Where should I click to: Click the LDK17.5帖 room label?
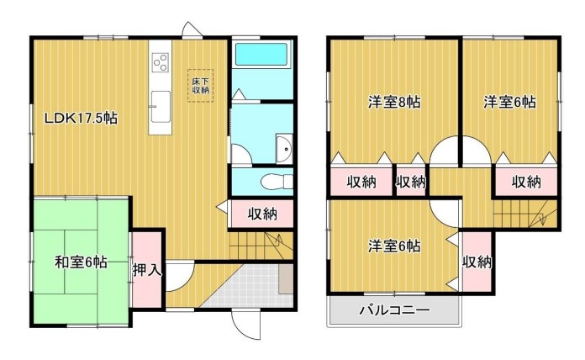[x=81, y=119]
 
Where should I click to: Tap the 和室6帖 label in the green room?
[x=81, y=262]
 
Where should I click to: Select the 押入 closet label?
[x=147, y=270]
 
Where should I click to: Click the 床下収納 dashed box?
[x=200, y=86]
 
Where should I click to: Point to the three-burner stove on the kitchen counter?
[x=161, y=61]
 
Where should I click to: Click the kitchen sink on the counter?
[x=161, y=107]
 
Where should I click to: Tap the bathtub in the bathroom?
[x=261, y=55]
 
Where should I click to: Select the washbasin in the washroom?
[x=284, y=149]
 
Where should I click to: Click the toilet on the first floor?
[x=277, y=183]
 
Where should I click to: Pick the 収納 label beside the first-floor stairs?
[x=262, y=214]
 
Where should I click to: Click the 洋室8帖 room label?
[x=394, y=102]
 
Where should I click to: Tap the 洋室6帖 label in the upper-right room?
[x=510, y=102]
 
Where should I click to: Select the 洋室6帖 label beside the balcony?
[x=394, y=246]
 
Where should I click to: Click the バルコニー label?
[x=394, y=310]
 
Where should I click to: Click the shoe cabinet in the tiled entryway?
[x=286, y=279]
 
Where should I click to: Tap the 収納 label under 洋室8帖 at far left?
[x=361, y=183]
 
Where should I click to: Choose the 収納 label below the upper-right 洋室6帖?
[x=526, y=183]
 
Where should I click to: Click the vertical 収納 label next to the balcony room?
[x=477, y=262]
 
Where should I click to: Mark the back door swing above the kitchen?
[x=191, y=29]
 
